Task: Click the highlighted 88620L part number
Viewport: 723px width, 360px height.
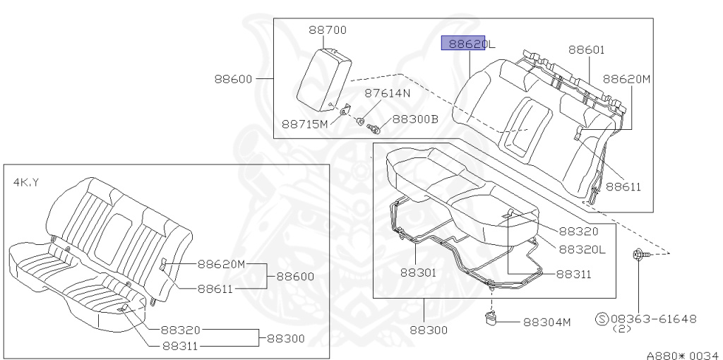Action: (467, 44)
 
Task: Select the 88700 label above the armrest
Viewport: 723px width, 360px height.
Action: (328, 30)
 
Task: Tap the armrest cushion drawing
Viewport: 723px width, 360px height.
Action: (323, 78)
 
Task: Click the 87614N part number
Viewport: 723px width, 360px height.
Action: (387, 93)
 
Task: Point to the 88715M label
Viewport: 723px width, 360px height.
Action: (305, 124)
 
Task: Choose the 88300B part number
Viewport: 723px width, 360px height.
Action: (415, 119)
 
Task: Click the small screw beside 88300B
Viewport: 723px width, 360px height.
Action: (374, 128)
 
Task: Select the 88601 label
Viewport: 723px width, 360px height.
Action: (587, 49)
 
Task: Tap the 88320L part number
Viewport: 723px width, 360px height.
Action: (582, 249)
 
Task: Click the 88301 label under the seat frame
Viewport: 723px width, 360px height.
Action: (419, 272)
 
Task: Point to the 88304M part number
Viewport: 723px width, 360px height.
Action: (546, 322)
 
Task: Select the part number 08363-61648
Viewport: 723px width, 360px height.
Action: (653, 319)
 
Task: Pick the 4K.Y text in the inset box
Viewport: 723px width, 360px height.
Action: (26, 182)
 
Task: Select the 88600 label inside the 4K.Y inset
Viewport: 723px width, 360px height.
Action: (295, 277)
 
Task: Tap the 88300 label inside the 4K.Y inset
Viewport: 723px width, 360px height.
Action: (285, 339)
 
